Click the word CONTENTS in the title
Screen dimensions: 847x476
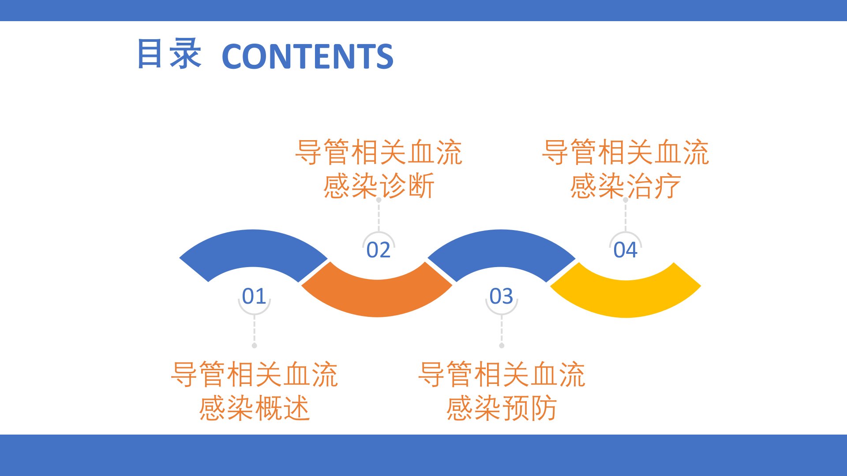(x=307, y=56)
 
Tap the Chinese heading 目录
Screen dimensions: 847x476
(x=169, y=54)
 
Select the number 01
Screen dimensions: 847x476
(x=254, y=296)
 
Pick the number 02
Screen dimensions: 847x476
(x=379, y=250)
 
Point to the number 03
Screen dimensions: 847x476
(x=501, y=296)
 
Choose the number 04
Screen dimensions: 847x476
(x=626, y=250)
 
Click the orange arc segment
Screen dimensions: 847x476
(x=377, y=297)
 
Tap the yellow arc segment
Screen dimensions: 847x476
(x=626, y=298)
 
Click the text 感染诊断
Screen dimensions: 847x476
(x=379, y=186)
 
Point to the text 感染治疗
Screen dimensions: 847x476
(x=626, y=186)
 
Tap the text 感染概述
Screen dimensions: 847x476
(x=254, y=408)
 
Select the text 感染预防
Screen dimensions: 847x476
(x=501, y=408)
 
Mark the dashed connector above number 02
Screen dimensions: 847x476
(x=379, y=215)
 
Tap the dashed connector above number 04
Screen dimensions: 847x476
(x=626, y=215)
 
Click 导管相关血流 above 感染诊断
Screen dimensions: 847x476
(x=379, y=152)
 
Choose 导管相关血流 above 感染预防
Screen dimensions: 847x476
(x=501, y=375)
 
